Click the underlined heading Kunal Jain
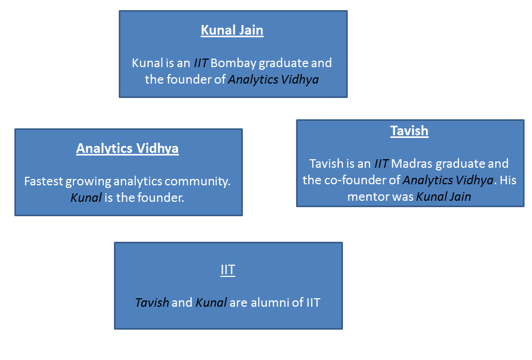[232, 30]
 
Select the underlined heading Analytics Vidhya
[127, 148]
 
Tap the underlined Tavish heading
[409, 131]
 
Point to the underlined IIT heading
[228, 270]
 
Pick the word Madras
[412, 164]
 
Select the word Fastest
[44, 181]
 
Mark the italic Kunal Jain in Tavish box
[444, 197]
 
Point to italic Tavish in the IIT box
[152, 302]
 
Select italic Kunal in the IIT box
[211, 302]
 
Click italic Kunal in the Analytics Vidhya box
[86, 198]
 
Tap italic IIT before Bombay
[201, 63]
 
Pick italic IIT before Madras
[381, 164]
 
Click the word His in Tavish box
[508, 180]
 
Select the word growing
[88, 182]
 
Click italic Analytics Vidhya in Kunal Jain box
[273, 80]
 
